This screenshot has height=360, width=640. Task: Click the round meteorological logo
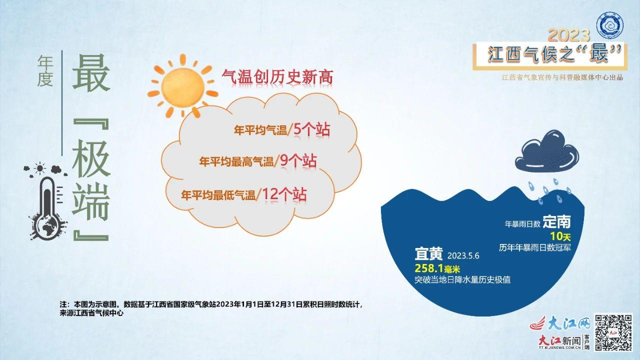(609, 25)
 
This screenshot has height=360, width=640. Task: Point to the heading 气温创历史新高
(277, 77)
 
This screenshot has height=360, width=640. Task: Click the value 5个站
(311, 129)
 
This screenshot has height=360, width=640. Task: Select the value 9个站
(298, 161)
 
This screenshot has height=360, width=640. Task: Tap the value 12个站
(284, 194)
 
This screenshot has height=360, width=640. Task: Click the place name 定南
(557, 221)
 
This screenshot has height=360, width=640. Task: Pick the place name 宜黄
(428, 254)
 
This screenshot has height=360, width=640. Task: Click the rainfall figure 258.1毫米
(437, 268)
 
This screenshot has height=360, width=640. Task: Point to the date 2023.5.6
(463, 255)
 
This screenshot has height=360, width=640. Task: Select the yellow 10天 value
(560, 236)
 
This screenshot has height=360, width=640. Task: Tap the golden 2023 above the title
(568, 35)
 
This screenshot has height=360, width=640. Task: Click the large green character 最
(91, 73)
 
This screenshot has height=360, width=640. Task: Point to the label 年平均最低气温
(218, 195)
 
